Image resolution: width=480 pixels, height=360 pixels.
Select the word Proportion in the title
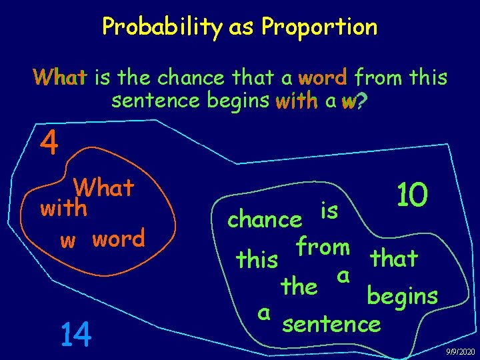(x=319, y=27)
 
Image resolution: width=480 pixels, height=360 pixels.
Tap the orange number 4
(x=48, y=142)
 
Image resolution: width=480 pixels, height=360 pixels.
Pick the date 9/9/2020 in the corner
(x=460, y=351)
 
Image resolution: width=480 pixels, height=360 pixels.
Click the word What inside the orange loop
(x=104, y=188)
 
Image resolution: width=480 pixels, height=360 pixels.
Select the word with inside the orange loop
(x=64, y=209)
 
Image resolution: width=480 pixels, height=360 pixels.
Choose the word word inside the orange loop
(x=118, y=238)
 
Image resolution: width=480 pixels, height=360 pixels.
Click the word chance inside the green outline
(x=264, y=219)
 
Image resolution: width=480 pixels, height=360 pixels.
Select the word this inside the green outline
(x=257, y=259)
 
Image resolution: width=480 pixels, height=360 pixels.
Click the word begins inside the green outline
(x=402, y=296)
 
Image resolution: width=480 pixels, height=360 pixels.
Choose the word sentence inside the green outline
(x=331, y=324)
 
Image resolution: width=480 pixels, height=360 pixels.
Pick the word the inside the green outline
(x=299, y=287)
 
